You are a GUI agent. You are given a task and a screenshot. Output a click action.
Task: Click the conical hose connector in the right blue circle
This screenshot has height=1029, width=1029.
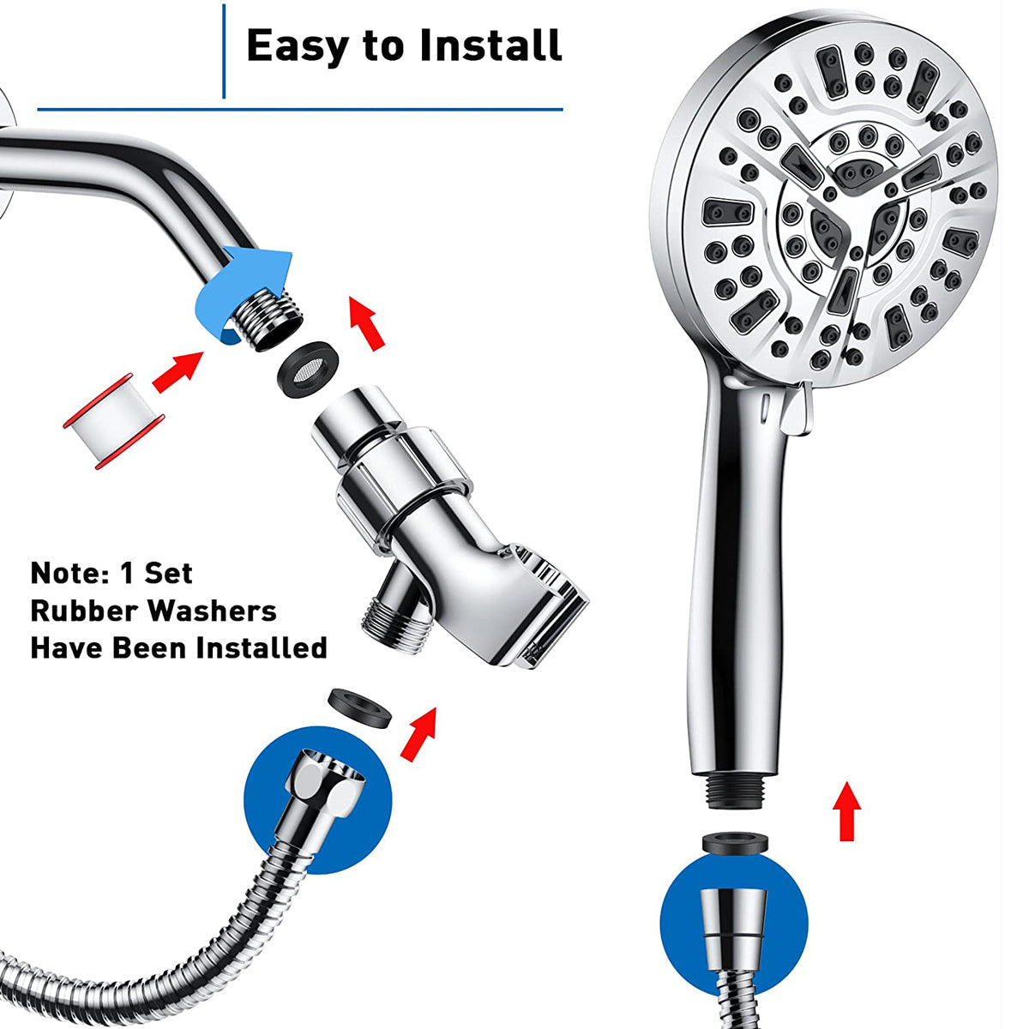[733, 925]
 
